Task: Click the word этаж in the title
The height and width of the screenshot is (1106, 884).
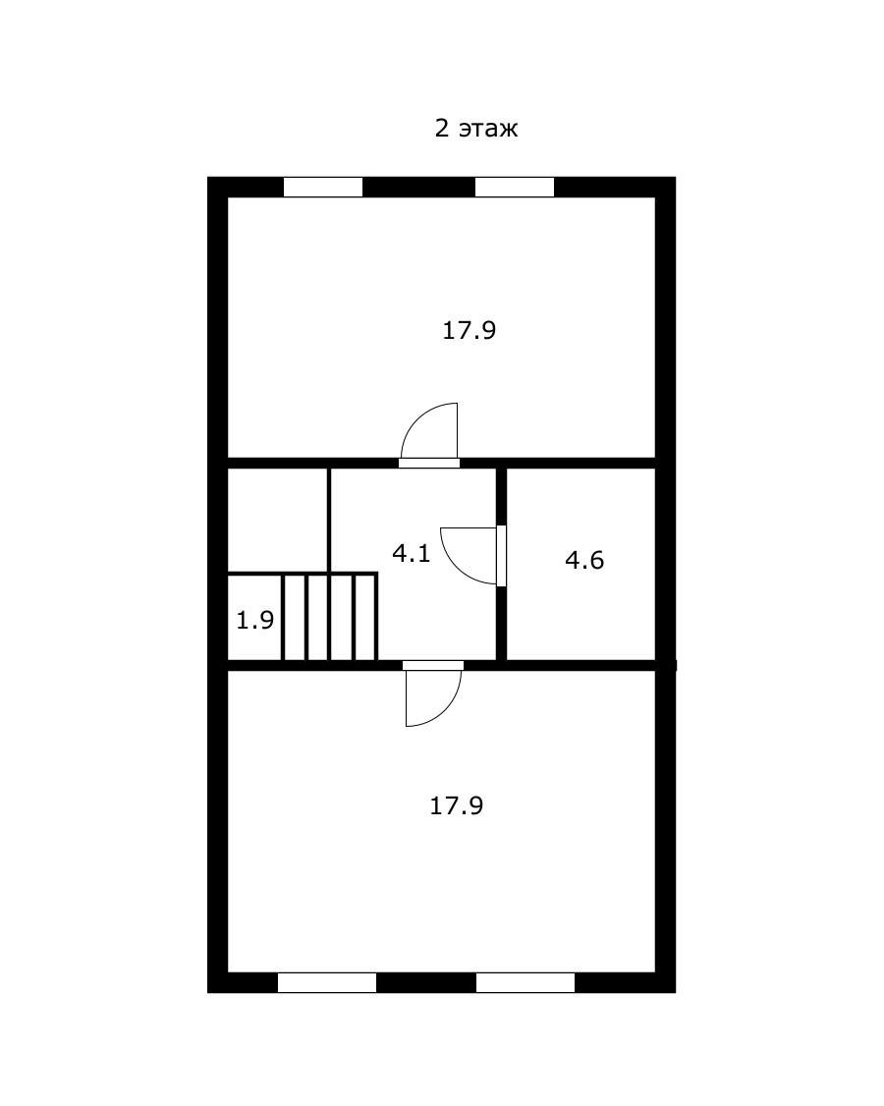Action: [488, 129]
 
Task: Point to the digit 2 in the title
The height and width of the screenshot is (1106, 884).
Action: [442, 128]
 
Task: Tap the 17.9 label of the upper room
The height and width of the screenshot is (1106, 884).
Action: [470, 330]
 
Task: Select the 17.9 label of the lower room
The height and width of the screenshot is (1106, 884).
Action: [457, 805]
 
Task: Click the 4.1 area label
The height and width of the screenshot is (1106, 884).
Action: [412, 553]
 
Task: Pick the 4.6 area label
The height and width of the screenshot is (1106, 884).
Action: [584, 560]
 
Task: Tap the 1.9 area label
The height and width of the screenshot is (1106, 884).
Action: [254, 620]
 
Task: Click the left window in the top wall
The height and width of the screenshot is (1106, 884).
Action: [323, 187]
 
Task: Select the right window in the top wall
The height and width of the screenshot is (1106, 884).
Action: [515, 187]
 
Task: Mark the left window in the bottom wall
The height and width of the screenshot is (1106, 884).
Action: [327, 982]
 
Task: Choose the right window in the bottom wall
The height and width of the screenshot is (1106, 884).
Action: [525, 982]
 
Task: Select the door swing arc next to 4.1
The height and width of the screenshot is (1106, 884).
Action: [456, 569]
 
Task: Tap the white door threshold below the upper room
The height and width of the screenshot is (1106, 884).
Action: [429, 464]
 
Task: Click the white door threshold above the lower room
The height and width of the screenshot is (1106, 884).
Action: [433, 665]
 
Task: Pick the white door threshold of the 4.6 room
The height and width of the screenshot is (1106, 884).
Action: [502, 556]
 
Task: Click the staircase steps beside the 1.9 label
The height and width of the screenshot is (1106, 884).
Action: [329, 617]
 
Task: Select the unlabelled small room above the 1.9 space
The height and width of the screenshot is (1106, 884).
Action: [277, 520]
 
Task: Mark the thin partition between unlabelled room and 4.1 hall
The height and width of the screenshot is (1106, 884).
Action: [329, 521]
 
